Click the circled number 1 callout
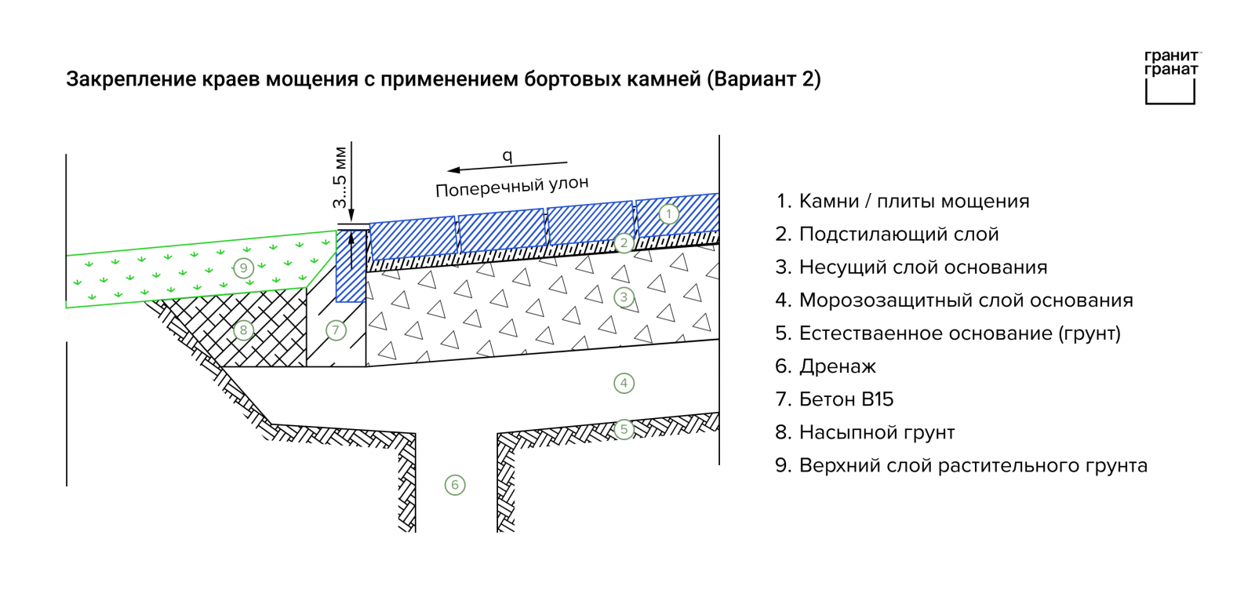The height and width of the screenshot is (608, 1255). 668,214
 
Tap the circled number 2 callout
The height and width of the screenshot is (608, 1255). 624,243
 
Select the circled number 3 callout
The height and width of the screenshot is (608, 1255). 624,297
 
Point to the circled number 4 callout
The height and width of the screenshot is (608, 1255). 624,384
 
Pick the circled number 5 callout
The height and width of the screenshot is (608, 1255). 624,429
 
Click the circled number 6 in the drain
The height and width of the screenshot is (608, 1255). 455,485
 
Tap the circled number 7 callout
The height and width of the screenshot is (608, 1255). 336,329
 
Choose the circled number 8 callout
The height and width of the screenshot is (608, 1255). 243,330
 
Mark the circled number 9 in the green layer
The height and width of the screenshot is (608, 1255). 243,268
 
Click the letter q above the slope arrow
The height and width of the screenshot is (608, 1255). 507,155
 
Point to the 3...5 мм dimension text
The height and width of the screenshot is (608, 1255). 340,177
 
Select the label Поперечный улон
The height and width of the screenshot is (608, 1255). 512,186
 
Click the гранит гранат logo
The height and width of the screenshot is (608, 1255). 1172,78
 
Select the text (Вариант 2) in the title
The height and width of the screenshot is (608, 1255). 764,79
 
